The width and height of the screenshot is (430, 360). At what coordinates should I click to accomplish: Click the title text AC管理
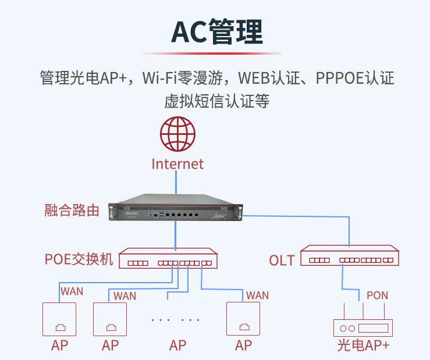pyautogui.click(x=216, y=32)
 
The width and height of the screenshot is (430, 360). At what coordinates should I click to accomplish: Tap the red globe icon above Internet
pyautogui.click(x=177, y=134)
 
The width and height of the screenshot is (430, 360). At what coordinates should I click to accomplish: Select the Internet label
pyautogui.click(x=177, y=164)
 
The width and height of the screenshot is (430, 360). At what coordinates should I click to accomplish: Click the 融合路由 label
pyautogui.click(x=72, y=211)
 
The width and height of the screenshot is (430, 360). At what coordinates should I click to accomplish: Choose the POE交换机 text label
pyautogui.click(x=79, y=259)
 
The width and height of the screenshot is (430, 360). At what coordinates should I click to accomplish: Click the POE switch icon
pyautogui.click(x=168, y=259)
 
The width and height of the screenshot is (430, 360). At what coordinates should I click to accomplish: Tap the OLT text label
pyautogui.click(x=282, y=260)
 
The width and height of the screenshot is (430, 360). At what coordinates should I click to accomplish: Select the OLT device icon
pyautogui.click(x=350, y=258)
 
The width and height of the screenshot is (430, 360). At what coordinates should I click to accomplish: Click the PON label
pyautogui.click(x=377, y=295)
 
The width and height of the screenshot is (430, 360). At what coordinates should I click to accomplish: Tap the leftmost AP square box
pyautogui.click(x=59, y=319)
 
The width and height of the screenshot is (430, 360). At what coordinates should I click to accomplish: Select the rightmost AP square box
pyautogui.click(x=243, y=319)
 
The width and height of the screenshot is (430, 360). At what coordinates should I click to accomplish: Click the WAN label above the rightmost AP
pyautogui.click(x=257, y=295)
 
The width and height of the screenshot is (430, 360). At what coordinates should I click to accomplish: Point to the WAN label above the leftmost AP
pyautogui.click(x=72, y=291)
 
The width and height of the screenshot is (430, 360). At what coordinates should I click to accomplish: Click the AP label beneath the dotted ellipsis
pyautogui.click(x=177, y=345)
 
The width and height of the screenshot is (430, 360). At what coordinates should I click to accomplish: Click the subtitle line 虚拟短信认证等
pyautogui.click(x=216, y=101)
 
